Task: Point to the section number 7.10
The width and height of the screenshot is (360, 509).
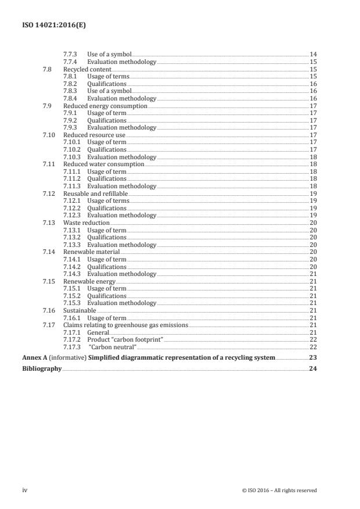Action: pyautogui.click(x=49, y=135)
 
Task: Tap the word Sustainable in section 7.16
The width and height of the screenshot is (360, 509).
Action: pyautogui.click(x=80, y=311)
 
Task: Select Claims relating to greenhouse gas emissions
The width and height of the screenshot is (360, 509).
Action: pyautogui.click(x=125, y=325)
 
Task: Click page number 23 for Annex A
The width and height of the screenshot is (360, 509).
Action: pyautogui.click(x=312, y=358)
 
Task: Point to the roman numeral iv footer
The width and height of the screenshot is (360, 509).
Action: pyautogui.click(x=25, y=490)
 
